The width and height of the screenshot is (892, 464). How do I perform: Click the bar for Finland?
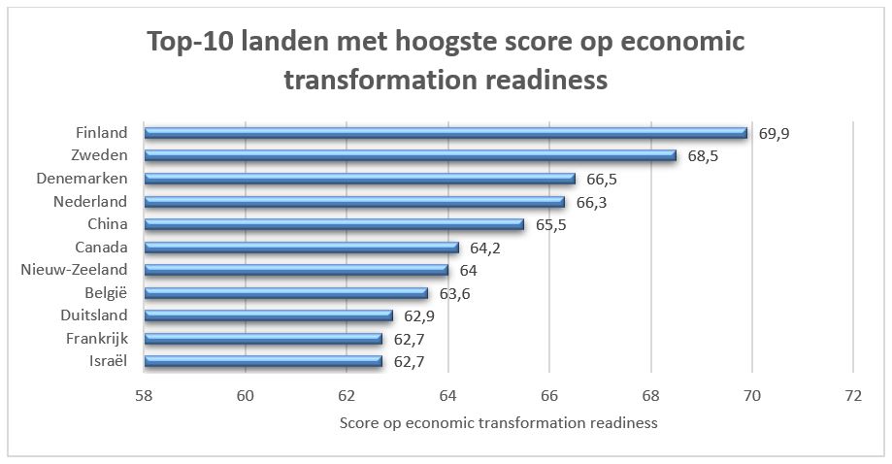(446, 133)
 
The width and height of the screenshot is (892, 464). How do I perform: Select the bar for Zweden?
(410, 155)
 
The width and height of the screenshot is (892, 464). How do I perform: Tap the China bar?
(334, 224)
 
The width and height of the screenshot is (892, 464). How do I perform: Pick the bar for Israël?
(263, 361)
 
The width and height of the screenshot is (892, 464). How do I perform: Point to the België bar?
(285, 292)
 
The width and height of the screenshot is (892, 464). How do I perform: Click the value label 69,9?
(774, 133)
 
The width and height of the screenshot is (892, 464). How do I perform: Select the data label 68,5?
(703, 155)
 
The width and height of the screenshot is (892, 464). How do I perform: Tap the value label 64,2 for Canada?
(485, 248)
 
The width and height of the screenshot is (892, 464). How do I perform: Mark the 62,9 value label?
(419, 315)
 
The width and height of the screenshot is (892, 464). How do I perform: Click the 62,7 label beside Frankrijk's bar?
(410, 339)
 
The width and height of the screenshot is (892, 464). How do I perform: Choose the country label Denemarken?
(82, 179)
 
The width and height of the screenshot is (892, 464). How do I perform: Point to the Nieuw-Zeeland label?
(74, 270)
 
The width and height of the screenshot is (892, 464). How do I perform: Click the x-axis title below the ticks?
(498, 422)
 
